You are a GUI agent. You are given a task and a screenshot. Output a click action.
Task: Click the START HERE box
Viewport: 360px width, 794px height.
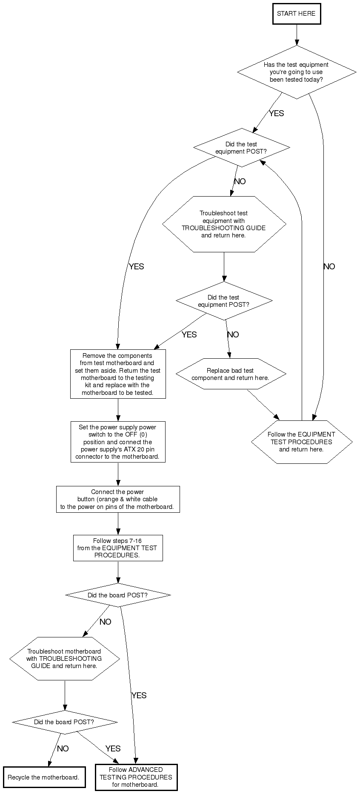[296, 14]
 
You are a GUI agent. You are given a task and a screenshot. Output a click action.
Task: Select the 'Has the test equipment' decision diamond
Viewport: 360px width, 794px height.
[296, 72]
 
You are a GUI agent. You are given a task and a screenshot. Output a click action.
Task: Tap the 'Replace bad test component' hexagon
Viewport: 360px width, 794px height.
[230, 374]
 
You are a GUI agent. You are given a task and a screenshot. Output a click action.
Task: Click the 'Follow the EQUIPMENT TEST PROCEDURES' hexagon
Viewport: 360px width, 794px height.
[301, 442]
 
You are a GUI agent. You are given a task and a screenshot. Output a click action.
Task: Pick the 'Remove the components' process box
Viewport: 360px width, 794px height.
[118, 374]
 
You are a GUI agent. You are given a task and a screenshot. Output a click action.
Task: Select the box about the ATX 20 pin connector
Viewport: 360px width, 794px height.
[118, 442]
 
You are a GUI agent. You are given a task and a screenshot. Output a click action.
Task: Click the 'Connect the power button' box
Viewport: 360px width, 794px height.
[118, 499]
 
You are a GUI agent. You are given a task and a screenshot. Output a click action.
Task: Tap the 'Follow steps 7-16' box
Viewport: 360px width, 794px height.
[118, 548]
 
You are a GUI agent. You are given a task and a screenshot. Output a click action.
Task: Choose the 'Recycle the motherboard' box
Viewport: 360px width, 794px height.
[44, 777]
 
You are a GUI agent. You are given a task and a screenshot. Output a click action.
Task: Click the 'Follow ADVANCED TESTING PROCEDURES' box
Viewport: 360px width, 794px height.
[136, 777]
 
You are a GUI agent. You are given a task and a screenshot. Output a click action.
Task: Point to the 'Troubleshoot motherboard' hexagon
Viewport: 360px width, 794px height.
[64, 658]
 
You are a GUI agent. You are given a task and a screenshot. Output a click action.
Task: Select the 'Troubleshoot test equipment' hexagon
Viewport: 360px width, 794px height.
[224, 224]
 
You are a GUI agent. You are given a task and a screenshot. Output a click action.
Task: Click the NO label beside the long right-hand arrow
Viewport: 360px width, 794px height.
[329, 266]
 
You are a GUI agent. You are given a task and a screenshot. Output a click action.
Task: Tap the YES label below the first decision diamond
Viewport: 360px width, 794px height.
[276, 113]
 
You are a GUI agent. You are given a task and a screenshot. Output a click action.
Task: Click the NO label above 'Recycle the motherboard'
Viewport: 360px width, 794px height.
[63, 748]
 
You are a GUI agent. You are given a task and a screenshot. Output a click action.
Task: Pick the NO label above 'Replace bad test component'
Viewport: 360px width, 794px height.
[233, 334]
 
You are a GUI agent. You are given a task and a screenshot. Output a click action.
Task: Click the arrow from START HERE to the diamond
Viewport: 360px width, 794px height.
[297, 35]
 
